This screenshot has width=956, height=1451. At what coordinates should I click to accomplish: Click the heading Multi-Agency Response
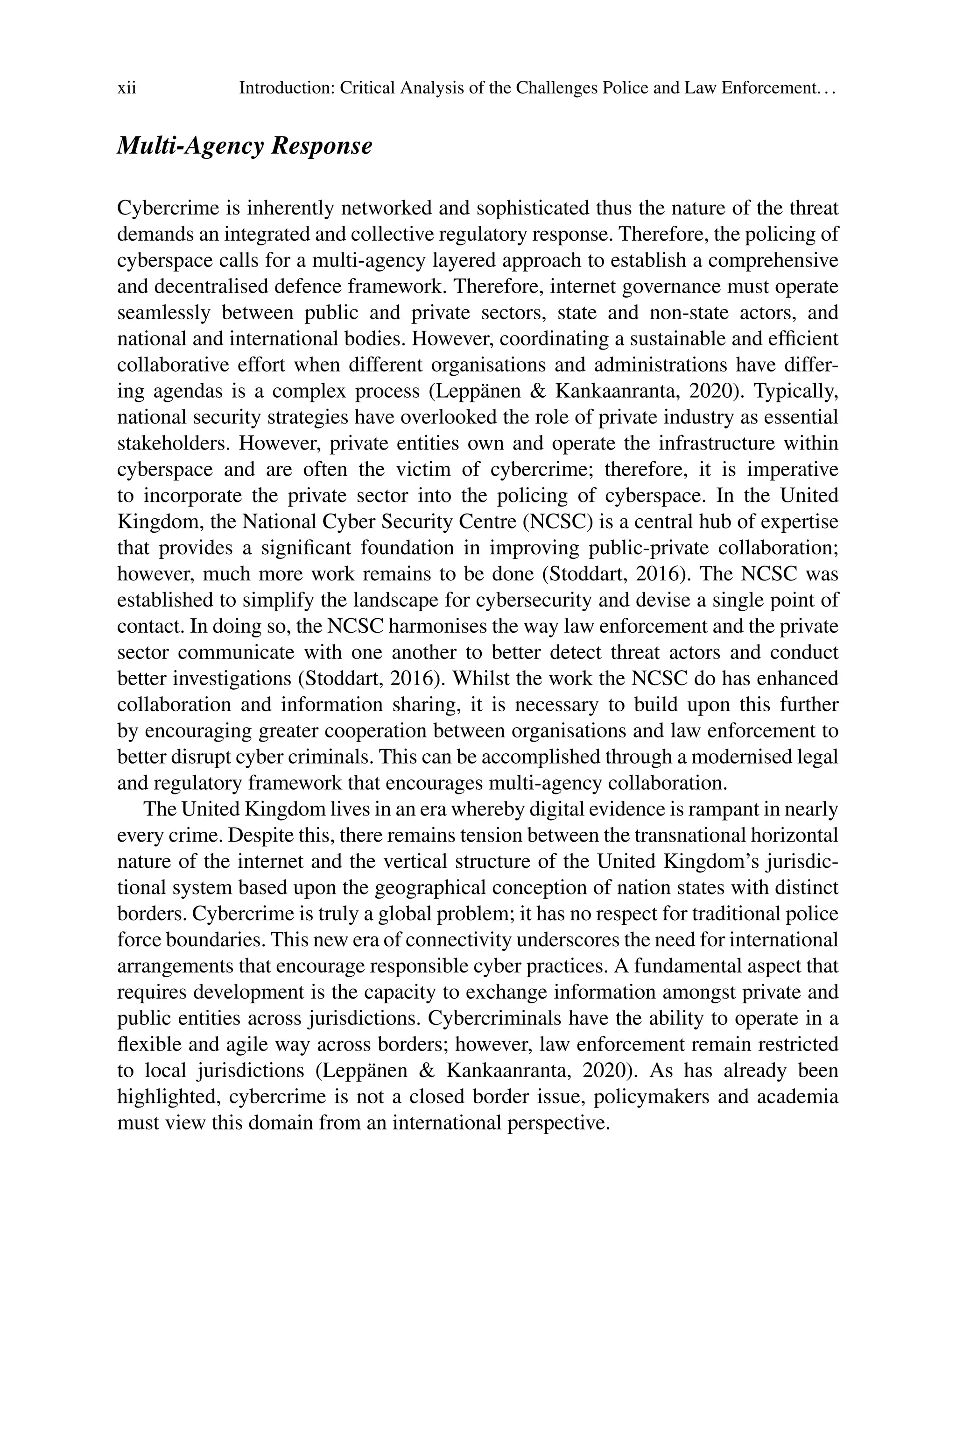pyautogui.click(x=244, y=146)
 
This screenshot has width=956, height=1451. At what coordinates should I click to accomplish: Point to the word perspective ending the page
pyautogui.click(x=558, y=1123)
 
